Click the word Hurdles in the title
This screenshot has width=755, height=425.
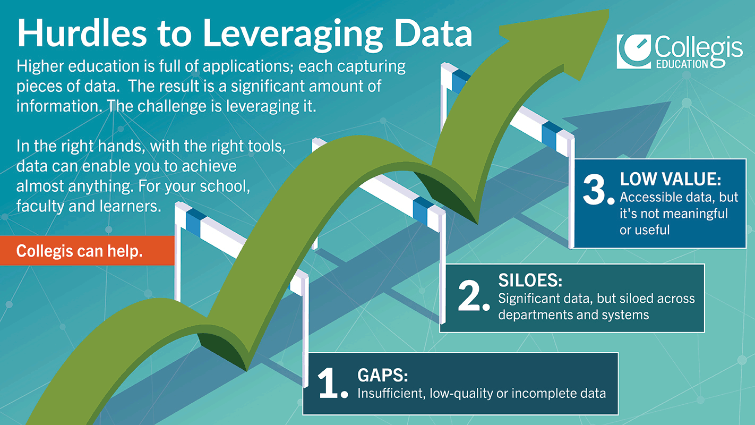(82, 33)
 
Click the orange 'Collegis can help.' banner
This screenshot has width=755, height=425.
(87, 250)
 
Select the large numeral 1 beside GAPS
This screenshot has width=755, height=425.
(329, 383)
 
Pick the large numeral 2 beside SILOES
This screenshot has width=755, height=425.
(470, 295)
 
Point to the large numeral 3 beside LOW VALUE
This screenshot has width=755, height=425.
(595, 189)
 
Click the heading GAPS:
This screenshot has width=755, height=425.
(383, 375)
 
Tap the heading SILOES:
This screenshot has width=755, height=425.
(530, 280)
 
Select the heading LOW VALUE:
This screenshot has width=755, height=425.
(671, 179)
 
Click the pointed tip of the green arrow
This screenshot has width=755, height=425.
(608, 11)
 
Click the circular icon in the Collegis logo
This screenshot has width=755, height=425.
(634, 52)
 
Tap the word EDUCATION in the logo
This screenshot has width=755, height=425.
(682, 64)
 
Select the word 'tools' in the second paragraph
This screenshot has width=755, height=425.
(267, 146)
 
